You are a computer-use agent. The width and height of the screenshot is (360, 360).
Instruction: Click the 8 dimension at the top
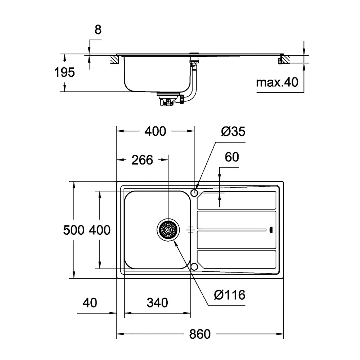(x=98, y=30)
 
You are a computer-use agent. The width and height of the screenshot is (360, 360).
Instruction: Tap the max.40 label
(x=278, y=83)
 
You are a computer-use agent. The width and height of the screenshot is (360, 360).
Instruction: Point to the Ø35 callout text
(x=233, y=132)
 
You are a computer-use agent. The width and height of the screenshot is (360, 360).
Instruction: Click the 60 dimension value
(x=232, y=157)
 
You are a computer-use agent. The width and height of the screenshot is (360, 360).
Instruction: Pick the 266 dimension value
(x=142, y=160)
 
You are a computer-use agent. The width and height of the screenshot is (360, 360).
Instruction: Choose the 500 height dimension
(x=73, y=230)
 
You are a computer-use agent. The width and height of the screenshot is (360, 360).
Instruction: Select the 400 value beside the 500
(x=100, y=230)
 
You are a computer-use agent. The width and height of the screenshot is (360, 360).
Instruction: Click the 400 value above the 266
(x=155, y=132)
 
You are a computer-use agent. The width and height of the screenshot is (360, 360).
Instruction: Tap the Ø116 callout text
(x=229, y=295)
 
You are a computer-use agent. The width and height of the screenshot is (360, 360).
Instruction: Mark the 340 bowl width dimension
(x=157, y=303)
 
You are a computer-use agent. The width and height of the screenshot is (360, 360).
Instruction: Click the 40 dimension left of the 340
(x=90, y=303)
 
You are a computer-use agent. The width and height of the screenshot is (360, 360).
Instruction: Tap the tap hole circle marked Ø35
(x=194, y=193)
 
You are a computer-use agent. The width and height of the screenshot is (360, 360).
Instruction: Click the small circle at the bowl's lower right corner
(x=194, y=267)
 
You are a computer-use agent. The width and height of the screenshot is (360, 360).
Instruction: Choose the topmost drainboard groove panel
(x=237, y=200)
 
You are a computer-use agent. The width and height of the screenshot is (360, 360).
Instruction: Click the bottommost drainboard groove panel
(x=237, y=260)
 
